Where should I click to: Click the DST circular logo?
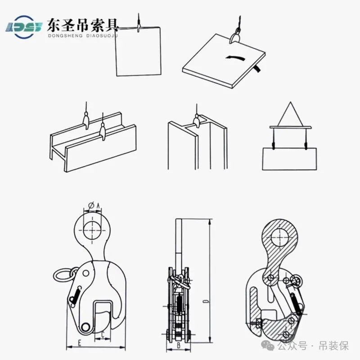pos(24,27)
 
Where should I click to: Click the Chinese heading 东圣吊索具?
pos(83,25)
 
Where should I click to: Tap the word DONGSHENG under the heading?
pos(65,36)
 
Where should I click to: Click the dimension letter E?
pos(80,343)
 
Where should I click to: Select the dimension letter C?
pos(103,334)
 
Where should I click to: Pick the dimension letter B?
pos(179,345)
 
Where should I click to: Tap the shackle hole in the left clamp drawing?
pos(92,230)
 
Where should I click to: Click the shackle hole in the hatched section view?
pos(280,237)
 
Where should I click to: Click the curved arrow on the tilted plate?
pos(236,58)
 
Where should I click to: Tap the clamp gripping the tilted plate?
pos(235,37)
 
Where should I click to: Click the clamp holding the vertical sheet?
pos(139,26)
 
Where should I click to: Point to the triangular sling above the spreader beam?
pos(290,114)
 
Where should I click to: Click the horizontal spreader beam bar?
pos(290,127)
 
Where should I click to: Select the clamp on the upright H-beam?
pos(197,121)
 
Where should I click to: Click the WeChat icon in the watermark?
pos(268,345)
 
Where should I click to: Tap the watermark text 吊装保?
pos(334,346)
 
